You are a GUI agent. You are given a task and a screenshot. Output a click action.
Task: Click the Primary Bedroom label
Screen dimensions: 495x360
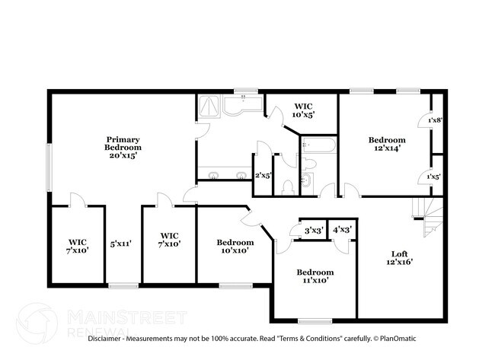(123, 143)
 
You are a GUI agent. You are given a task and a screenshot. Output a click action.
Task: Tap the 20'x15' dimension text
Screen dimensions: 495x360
(123, 155)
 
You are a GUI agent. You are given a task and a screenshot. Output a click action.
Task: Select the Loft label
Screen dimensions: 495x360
(400, 253)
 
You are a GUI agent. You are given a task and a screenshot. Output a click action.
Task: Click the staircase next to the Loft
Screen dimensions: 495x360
(428, 217)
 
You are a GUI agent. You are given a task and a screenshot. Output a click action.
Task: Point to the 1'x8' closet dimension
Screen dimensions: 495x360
(435, 120)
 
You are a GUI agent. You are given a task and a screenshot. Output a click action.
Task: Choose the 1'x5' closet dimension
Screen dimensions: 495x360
(434, 177)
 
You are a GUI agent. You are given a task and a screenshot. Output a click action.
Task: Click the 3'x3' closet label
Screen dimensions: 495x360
(314, 231)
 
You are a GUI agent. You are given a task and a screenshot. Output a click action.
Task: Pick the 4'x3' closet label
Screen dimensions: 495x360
(342, 230)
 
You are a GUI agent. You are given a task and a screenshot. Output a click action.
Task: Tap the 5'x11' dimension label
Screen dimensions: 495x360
(120, 244)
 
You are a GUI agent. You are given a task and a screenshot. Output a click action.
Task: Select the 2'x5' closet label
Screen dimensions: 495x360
(263, 175)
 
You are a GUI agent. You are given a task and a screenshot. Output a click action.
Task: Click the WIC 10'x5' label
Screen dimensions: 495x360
(303, 110)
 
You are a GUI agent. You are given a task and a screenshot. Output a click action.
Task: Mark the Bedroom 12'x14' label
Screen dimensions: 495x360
(387, 144)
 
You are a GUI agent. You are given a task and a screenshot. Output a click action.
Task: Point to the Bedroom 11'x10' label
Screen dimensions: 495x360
(315, 276)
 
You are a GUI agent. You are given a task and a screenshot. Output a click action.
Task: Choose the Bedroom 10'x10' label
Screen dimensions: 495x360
(235, 247)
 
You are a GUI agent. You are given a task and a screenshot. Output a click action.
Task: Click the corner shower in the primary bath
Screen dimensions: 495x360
(209, 106)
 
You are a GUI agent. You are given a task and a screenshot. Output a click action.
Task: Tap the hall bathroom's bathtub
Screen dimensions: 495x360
(318, 145)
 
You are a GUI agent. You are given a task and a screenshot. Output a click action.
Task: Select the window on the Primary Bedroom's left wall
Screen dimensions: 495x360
(49, 167)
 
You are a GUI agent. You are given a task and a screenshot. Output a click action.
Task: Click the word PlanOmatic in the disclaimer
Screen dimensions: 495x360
(398, 339)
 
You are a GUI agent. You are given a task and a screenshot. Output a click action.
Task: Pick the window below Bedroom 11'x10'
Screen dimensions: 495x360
(315, 321)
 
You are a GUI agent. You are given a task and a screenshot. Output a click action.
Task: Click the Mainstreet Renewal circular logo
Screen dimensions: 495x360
(37, 323)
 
